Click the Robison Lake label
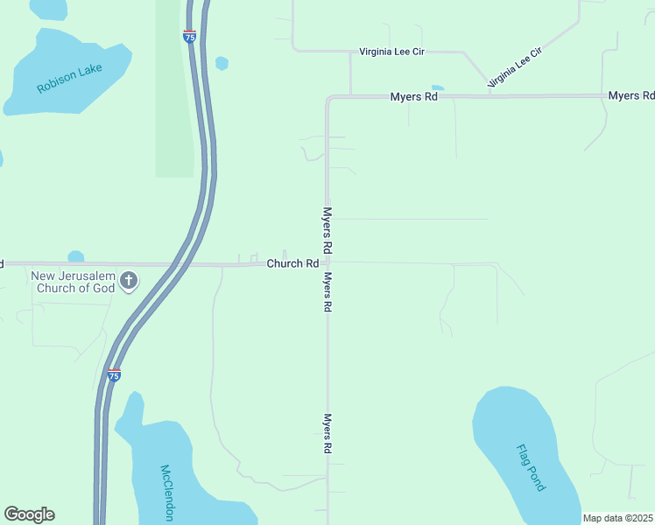point(70,78)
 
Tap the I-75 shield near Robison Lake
point(189,36)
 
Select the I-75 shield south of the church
point(114,374)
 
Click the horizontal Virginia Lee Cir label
point(391,52)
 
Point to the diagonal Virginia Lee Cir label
point(515,66)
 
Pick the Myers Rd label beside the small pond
point(413,97)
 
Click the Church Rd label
point(292,263)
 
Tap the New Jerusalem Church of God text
point(74,282)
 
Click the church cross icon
point(129,281)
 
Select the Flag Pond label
point(528,467)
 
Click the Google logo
point(29,514)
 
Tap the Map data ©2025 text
point(617,518)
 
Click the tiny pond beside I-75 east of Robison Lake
point(222,63)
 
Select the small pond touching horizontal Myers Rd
point(437,88)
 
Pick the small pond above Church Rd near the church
point(76,256)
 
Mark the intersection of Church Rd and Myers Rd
point(327,262)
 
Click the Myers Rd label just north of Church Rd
point(327,229)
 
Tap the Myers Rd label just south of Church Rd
point(327,292)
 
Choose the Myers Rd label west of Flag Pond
point(327,433)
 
